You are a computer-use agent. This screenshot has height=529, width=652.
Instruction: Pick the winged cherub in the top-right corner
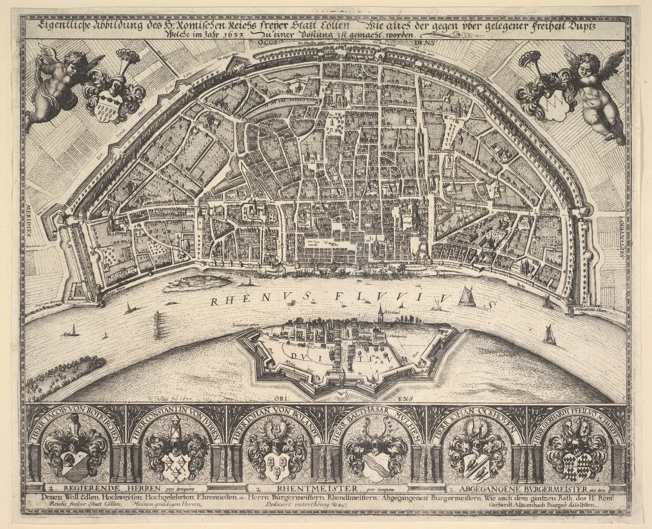pyautogui.click(x=595, y=90)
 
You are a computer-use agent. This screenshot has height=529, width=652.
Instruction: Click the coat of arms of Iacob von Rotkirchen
pyautogui.click(x=76, y=454)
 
